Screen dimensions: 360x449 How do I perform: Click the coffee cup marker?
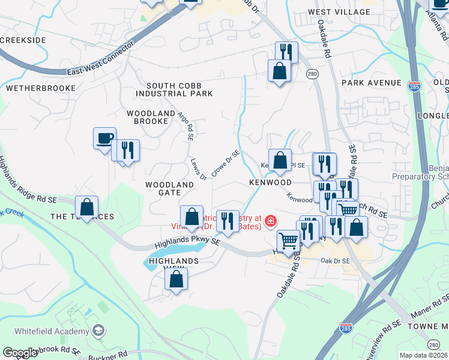pos(104,139)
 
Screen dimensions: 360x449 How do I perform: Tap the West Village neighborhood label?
pos(339,12)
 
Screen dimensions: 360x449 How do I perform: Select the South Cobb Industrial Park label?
pos(175,90)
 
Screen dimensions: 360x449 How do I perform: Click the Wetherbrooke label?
pos(41,88)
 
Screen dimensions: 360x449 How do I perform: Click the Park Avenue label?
pos(371,82)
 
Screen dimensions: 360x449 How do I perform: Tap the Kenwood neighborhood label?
pos(271,182)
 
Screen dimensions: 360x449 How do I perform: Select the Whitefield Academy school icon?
pos(98,331)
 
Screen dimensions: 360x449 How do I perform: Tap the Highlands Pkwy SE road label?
pos(188,244)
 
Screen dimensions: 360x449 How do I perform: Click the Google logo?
pos(20,353)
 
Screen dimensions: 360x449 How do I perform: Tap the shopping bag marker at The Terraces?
pos(87,208)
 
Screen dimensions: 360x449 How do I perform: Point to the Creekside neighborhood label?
pos(23,40)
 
